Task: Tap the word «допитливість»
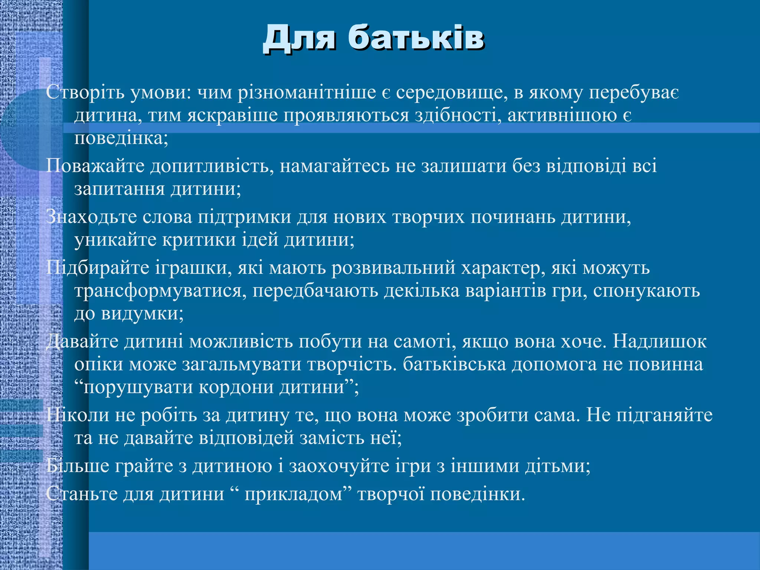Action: click(x=212, y=166)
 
